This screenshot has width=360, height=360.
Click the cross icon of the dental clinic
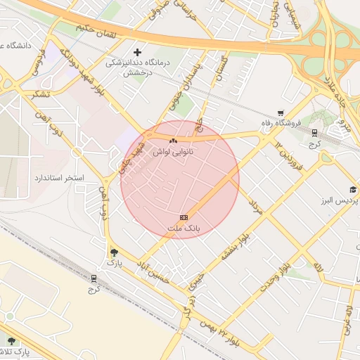137,52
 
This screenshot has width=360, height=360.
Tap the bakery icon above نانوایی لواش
173,141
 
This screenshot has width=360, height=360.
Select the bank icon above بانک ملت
184,218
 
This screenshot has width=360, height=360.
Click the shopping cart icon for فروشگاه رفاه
281,112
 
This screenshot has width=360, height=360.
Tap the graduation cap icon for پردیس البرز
352,190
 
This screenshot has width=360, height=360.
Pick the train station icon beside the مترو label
314,131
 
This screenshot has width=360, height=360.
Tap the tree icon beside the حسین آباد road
115,252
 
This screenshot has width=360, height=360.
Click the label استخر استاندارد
60,178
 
